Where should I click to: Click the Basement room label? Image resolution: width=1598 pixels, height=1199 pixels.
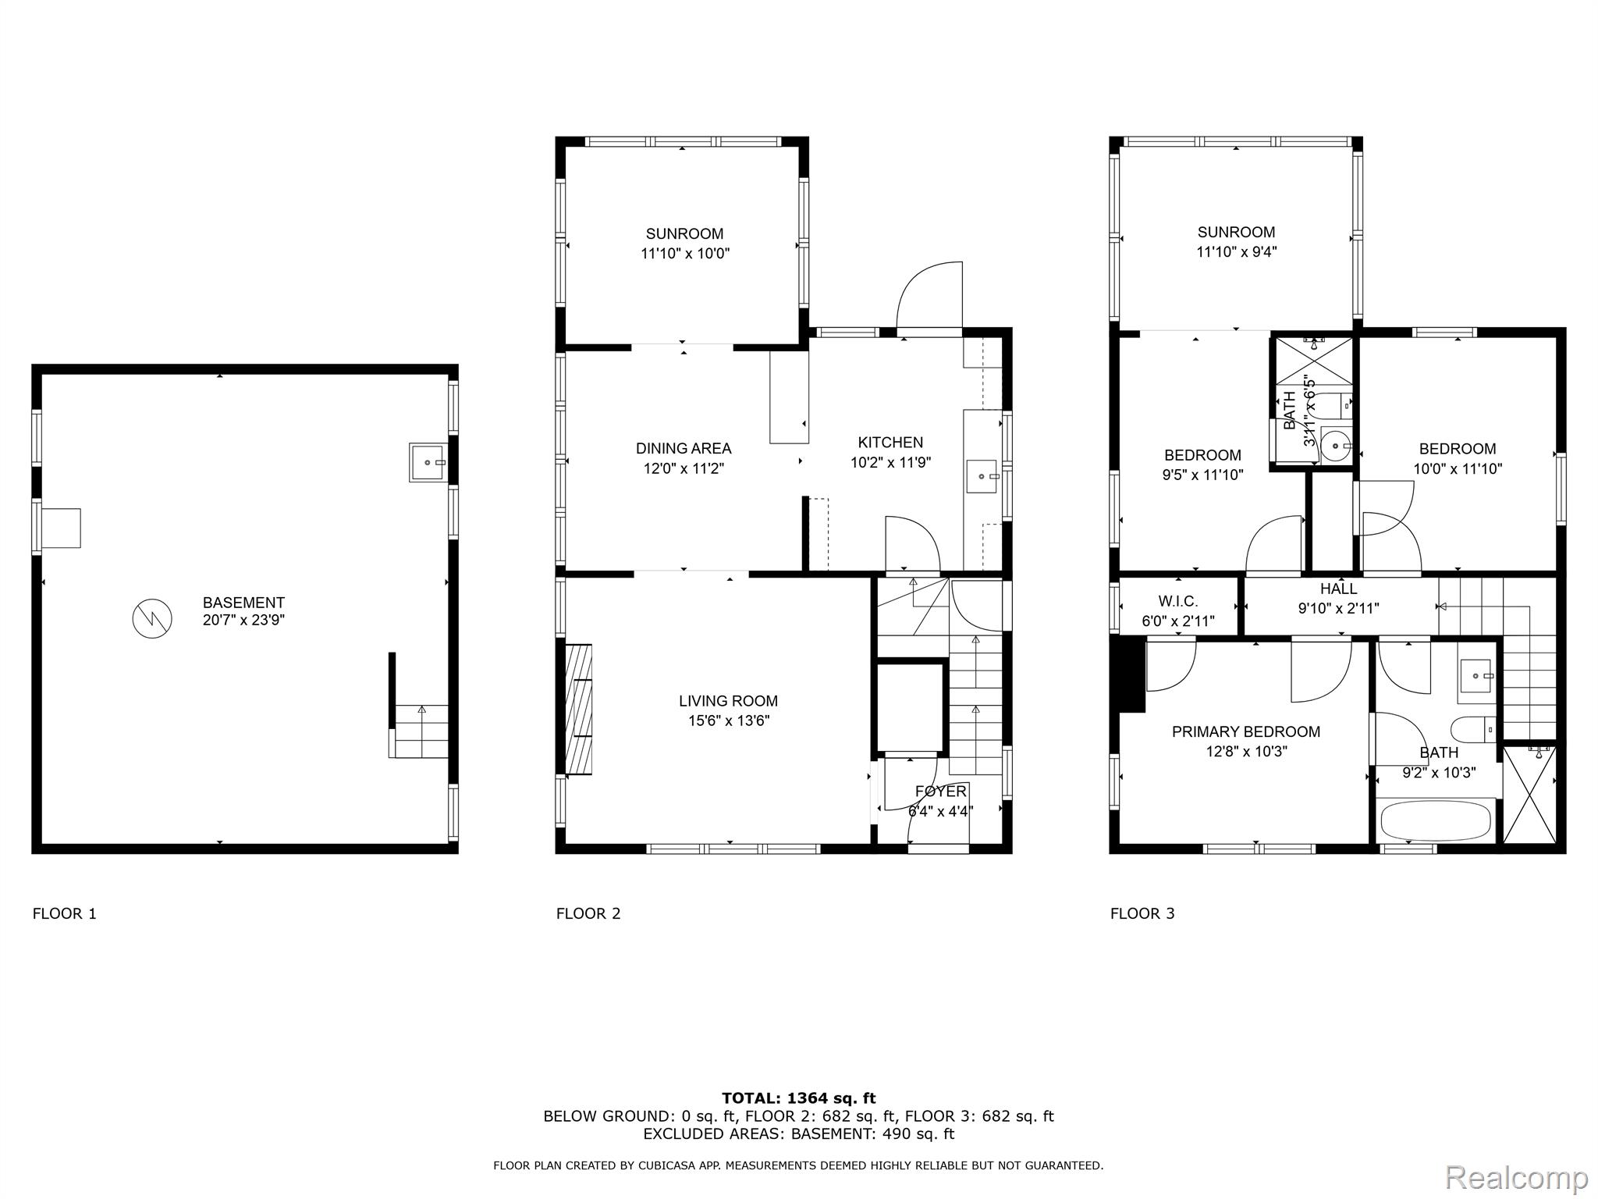coord(243,603)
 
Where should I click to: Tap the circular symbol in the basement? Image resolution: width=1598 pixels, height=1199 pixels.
coord(151,619)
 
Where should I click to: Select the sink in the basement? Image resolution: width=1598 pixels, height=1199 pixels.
coord(428,462)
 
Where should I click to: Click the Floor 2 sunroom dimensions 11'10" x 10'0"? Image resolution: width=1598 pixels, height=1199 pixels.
coord(685,253)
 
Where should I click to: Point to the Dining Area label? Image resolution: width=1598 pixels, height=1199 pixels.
coord(684,448)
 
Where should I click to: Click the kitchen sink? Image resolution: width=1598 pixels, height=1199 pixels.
coord(982,476)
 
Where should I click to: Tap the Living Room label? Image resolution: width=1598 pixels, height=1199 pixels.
coord(728,701)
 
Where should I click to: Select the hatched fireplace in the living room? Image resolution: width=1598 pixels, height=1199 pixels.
coord(578,710)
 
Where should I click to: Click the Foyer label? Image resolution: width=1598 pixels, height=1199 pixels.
coord(940,792)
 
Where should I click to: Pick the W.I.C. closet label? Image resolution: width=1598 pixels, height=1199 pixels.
coord(1177,601)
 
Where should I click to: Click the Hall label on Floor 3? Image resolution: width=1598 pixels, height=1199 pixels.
coord(1338,589)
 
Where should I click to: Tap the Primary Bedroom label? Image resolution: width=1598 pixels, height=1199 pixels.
coord(1246,731)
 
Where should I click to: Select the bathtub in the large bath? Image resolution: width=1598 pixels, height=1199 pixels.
coord(1436,820)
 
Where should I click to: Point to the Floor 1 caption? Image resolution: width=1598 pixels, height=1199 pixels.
coord(65,913)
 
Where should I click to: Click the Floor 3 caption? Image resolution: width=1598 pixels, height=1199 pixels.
coord(1142,913)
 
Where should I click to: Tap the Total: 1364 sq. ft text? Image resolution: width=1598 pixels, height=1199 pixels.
coord(798,1098)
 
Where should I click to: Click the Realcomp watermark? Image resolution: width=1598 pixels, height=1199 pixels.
coord(1516,1176)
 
